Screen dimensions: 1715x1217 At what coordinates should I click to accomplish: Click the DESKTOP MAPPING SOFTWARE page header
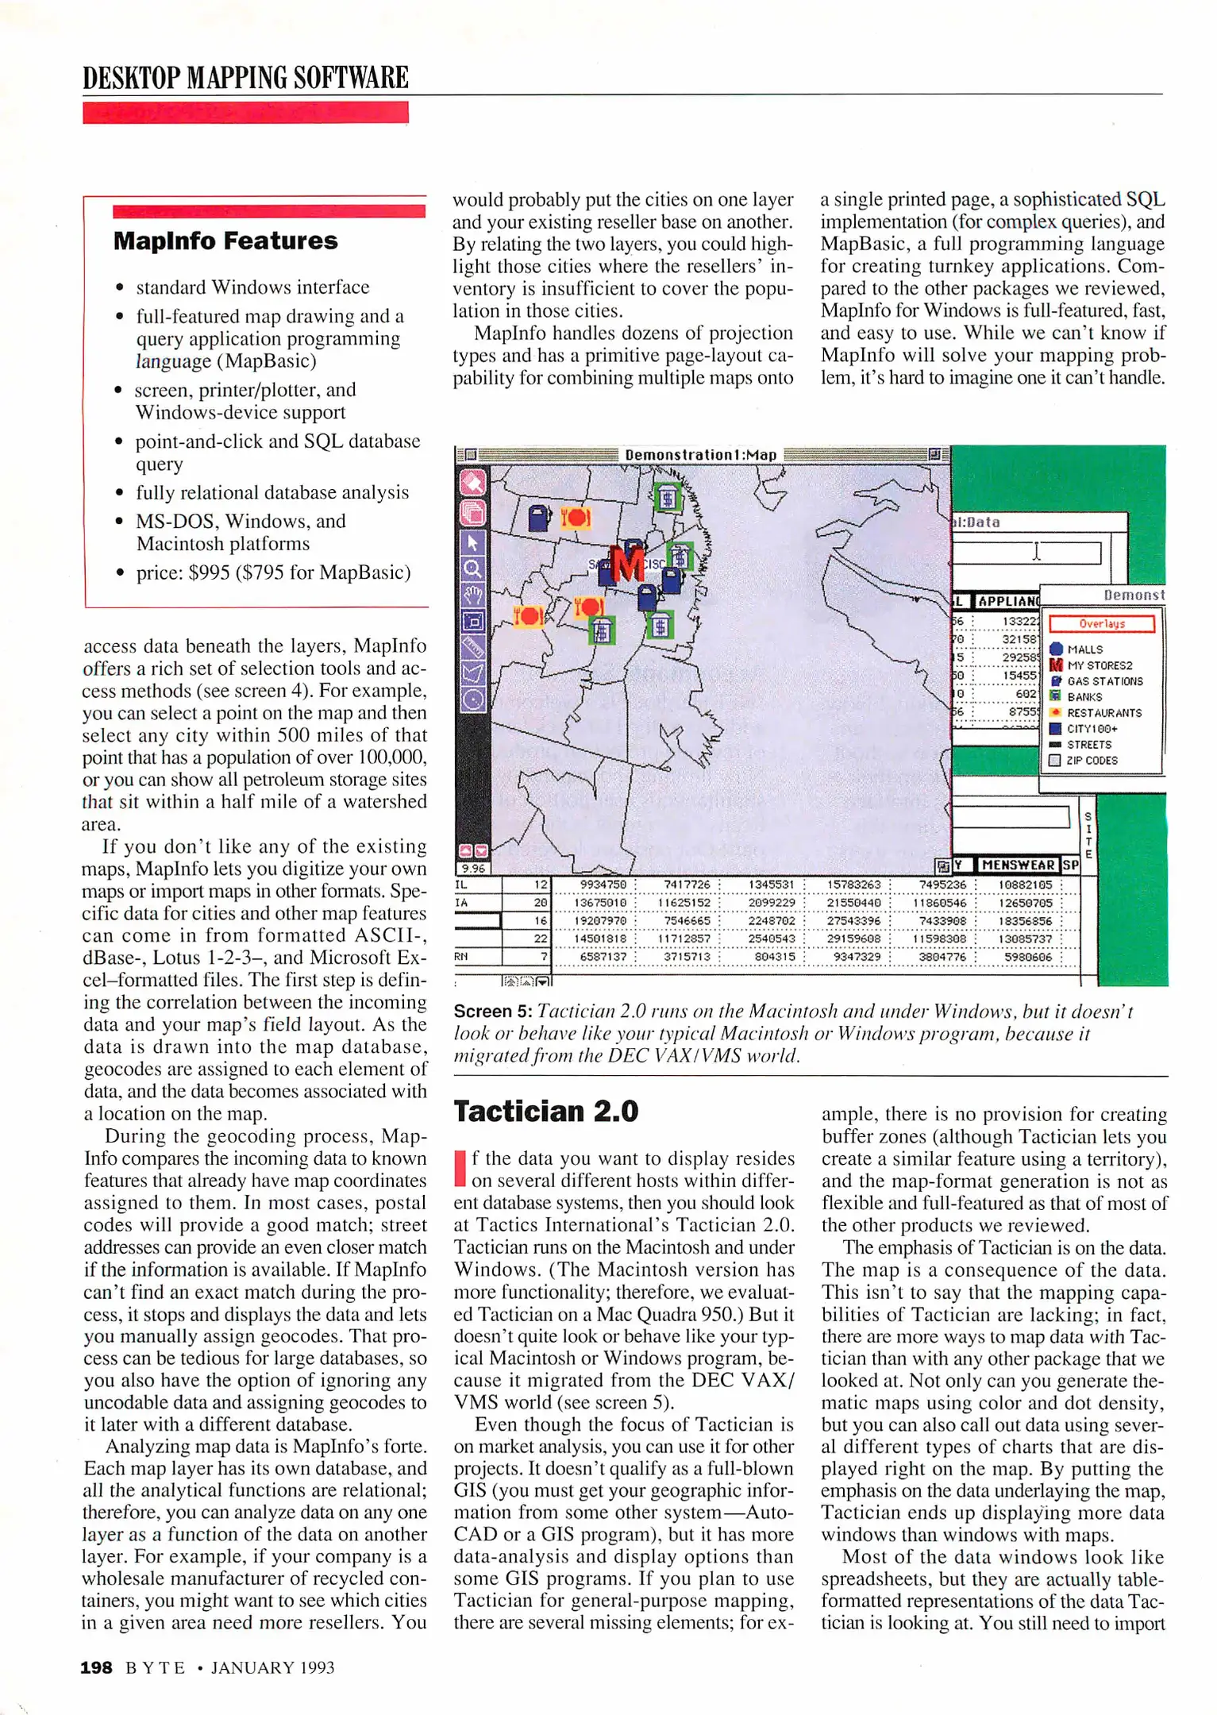pos(245,78)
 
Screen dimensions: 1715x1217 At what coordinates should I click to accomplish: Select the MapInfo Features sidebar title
pos(225,241)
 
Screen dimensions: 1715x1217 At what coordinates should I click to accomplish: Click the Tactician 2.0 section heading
pos(546,1112)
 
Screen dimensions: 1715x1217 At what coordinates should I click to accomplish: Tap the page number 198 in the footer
pos(96,1667)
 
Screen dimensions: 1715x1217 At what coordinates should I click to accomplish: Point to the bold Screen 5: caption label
pos(492,1012)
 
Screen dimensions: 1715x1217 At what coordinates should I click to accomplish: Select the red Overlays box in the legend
pos(1101,624)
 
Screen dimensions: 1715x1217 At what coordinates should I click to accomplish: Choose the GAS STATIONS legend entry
pos(1103,681)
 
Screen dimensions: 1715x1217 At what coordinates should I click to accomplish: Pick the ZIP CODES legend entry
pos(1091,761)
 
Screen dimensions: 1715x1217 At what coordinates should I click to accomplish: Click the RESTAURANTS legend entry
pos(1103,713)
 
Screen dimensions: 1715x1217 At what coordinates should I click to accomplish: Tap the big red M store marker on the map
pos(627,565)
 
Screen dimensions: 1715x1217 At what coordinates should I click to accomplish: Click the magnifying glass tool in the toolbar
pos(473,568)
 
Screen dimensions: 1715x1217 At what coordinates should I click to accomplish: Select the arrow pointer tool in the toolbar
pos(473,542)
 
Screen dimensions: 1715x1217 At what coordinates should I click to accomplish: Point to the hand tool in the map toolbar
pos(473,595)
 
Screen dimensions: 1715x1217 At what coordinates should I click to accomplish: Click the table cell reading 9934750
pos(603,884)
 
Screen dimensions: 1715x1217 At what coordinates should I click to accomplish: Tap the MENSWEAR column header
pos(1018,865)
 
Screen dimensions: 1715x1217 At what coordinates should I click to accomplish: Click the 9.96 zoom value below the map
pos(473,869)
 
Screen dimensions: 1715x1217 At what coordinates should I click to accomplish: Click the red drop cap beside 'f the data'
pos(459,1168)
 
